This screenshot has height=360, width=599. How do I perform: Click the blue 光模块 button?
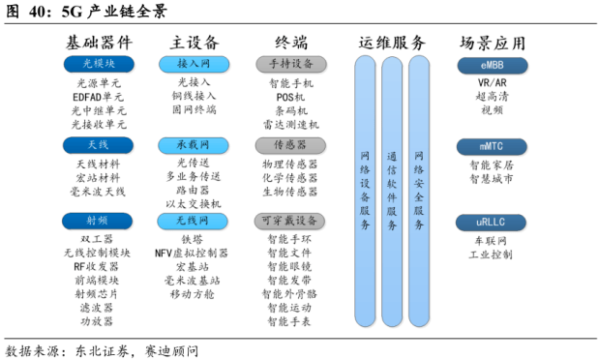(x=98, y=64)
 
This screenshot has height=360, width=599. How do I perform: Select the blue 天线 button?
(x=98, y=145)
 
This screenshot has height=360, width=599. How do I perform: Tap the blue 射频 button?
(x=98, y=222)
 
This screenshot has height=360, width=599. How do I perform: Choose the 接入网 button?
(x=194, y=64)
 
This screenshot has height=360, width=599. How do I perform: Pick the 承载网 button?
(x=194, y=145)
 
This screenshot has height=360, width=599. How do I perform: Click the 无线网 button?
(x=194, y=222)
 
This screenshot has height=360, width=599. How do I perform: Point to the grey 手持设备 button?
(x=290, y=64)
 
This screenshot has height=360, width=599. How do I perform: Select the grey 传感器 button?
(x=290, y=145)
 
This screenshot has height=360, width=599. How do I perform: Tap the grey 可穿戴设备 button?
(x=290, y=222)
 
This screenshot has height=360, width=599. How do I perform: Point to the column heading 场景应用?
(x=493, y=43)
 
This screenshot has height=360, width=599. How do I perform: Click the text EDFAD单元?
(x=98, y=97)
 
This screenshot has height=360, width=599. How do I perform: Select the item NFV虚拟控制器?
(x=192, y=253)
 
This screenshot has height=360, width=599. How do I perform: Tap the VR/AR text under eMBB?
(x=492, y=83)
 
